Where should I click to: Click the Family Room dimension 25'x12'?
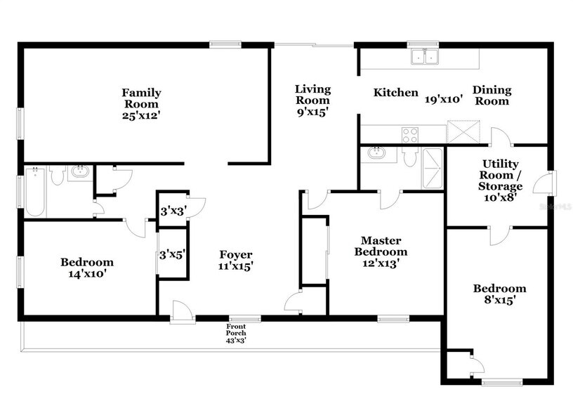pos(141,115)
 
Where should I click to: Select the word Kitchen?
pos(395,93)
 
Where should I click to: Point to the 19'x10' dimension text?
pos(444,99)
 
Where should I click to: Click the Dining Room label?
pos(492,95)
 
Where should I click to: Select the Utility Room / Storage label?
pos(500,181)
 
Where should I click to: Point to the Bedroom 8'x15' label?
pos(499,294)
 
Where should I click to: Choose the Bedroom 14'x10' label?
pos(86,269)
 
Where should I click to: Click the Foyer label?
pos(236,260)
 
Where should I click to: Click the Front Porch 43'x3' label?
pos(236,334)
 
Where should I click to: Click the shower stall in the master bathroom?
pos(432,169)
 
